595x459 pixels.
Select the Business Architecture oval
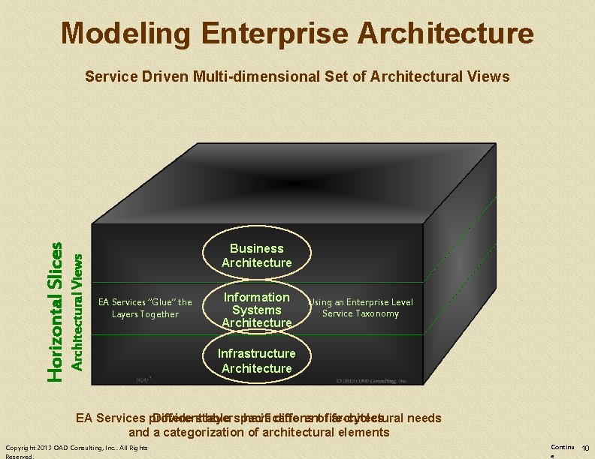pos(257,255)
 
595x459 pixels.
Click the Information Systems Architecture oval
pos(257,310)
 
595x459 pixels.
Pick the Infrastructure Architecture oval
pos(257,361)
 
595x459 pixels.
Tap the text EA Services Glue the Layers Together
pos(146,308)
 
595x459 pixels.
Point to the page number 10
pos(585,448)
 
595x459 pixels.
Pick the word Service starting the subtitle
pos(108,76)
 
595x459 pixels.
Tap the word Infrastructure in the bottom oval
pos(257,353)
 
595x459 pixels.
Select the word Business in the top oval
pos(257,248)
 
